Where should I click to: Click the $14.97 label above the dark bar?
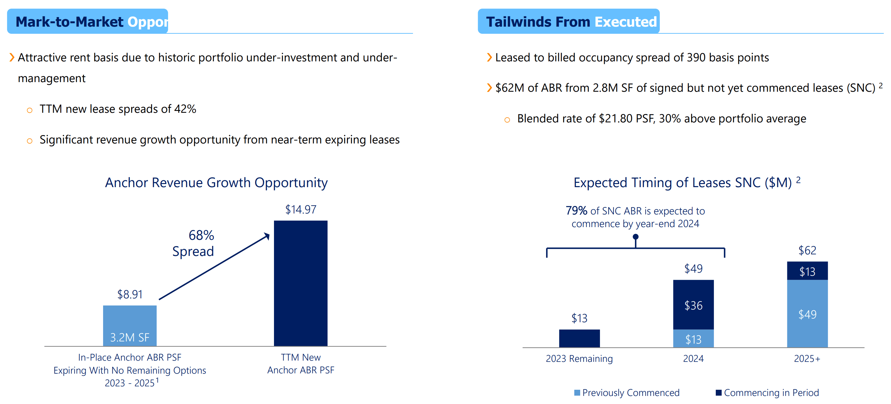[x=300, y=209]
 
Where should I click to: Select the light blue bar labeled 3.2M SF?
[x=130, y=325]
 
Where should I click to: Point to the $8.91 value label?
[x=130, y=294]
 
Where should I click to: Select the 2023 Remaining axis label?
[x=579, y=358]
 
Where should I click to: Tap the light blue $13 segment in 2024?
[x=693, y=339]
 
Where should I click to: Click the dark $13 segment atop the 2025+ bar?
[x=807, y=271]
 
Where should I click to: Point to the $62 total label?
[x=807, y=250]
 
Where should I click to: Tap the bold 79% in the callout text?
[x=576, y=210]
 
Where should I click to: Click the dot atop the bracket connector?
[x=635, y=237]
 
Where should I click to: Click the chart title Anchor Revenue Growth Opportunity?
[x=216, y=182]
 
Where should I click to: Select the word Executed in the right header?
[x=625, y=22]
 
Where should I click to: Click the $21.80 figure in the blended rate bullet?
[x=615, y=118]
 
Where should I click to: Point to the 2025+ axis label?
[x=807, y=358]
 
